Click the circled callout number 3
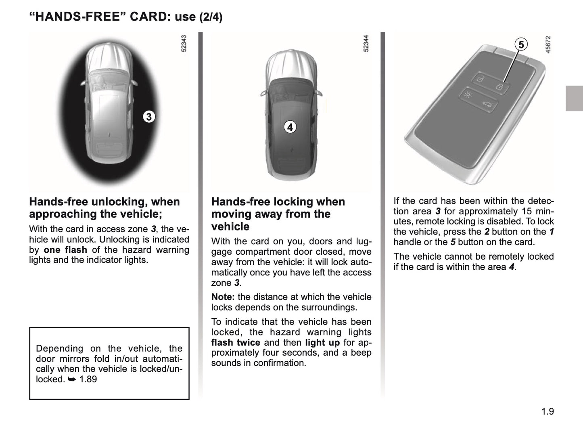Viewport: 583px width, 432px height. coord(149,117)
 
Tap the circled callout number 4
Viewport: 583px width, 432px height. coord(290,127)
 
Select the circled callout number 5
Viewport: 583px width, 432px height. coord(521,44)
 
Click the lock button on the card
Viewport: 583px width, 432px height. coord(499,87)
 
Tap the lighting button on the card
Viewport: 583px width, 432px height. coord(468,95)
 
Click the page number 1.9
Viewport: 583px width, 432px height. coord(547,411)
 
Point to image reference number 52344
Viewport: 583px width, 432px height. coord(366,44)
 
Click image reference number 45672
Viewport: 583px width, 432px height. coord(548,44)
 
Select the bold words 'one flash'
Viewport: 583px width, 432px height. coord(65,250)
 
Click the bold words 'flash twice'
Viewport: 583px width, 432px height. coord(236,342)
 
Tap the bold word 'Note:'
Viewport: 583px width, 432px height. coord(223,297)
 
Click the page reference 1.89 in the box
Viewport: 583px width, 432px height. coord(88,379)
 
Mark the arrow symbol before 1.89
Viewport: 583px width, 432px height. coord(72,379)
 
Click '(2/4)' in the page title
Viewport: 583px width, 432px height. coord(211,17)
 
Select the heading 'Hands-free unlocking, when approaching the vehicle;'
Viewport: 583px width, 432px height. coord(104,208)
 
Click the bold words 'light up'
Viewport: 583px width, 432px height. coord(322,342)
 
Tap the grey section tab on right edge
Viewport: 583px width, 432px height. coord(574,98)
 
